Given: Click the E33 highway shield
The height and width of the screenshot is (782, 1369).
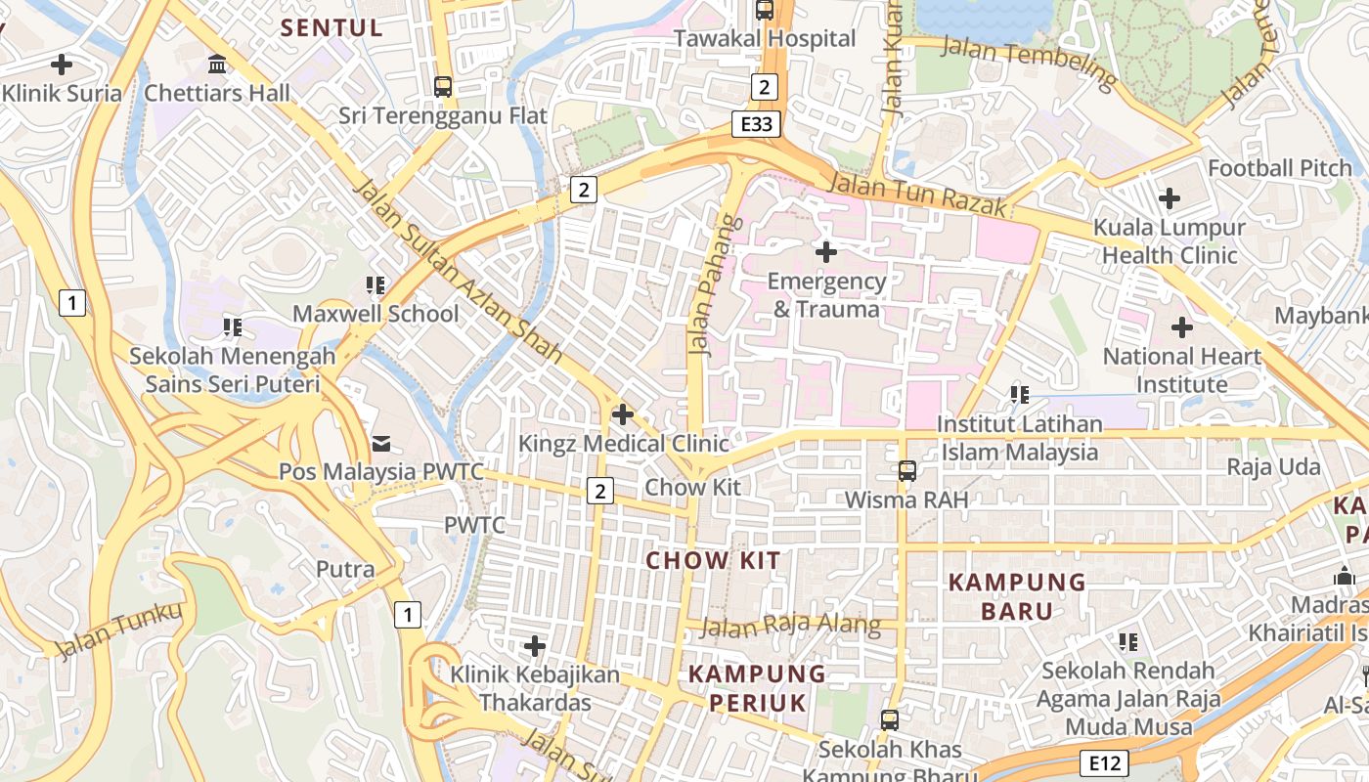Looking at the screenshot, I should [x=756, y=124].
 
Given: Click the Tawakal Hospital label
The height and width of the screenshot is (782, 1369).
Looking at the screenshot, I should [x=766, y=39].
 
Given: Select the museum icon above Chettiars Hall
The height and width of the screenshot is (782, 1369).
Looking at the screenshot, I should [x=217, y=65].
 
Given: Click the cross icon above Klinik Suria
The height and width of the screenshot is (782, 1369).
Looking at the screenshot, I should [x=62, y=65].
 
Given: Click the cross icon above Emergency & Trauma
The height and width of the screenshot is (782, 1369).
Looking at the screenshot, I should [x=826, y=252].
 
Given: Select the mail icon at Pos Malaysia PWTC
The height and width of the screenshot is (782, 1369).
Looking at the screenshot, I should [x=381, y=444].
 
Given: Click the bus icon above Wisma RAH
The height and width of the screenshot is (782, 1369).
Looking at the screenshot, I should [x=906, y=471].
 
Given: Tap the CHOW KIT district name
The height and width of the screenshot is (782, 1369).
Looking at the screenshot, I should [x=714, y=560].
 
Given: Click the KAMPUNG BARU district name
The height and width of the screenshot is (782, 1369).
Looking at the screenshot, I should [x=1018, y=597].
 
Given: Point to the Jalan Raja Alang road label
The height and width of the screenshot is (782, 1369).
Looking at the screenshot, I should [x=790, y=627].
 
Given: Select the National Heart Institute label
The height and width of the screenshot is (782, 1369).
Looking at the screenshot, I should [x=1181, y=370].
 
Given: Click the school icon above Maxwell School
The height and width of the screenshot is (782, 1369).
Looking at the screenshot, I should [x=375, y=285].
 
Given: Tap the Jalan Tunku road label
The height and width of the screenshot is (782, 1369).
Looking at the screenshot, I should [x=119, y=631].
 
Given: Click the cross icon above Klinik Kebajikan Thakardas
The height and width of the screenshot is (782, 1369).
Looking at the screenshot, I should [x=535, y=646].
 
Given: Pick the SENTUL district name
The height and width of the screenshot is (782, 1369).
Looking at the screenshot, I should [x=331, y=27].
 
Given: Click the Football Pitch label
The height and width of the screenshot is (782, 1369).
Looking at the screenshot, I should [x=1279, y=168].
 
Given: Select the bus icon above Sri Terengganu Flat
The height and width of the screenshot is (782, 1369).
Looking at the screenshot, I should [x=443, y=87].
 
